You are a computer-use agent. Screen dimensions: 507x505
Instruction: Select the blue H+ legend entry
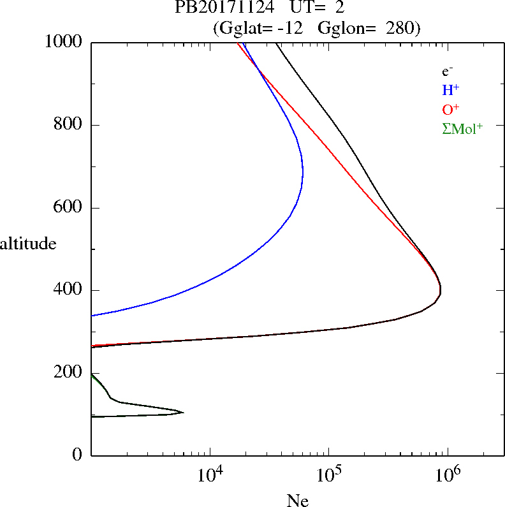tap(450, 90)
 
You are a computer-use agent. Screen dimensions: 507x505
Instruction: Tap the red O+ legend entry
tap(451, 109)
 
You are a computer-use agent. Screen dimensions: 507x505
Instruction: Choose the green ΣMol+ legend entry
tap(462, 128)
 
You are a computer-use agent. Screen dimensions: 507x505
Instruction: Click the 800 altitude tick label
tap(68, 125)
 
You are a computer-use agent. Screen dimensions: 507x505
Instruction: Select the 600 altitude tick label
tap(68, 208)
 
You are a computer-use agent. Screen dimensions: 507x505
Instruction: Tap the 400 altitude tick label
tap(68, 290)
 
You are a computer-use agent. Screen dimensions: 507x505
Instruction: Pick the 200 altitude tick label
tap(68, 373)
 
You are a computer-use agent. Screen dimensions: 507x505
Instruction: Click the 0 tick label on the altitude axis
tap(78, 455)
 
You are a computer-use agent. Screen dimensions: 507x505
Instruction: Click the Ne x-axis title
tap(297, 501)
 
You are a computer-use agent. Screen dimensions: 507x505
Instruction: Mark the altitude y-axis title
tap(28, 243)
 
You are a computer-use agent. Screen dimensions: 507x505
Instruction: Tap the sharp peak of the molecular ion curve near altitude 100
tap(184, 413)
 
